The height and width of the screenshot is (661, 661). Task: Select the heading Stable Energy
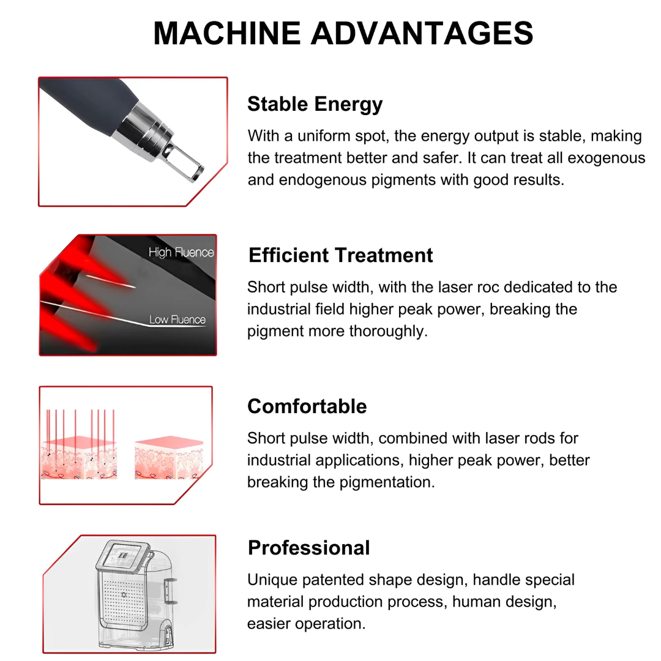click(315, 104)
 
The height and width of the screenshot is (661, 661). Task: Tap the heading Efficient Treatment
click(340, 255)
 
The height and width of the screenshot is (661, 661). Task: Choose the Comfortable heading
click(307, 406)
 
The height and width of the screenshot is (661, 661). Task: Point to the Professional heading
click(308, 547)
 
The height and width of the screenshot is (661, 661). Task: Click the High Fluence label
click(181, 252)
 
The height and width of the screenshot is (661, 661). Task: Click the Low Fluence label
click(177, 319)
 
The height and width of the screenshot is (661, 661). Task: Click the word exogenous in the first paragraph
click(606, 158)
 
